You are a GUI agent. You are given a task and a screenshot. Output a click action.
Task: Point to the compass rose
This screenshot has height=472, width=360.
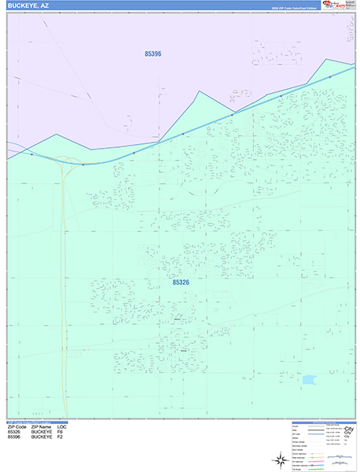[281, 459]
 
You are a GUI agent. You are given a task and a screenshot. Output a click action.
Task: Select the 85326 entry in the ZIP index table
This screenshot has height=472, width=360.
[13, 431]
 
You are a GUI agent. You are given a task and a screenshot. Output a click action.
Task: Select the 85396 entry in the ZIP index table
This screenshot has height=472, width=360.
[13, 437]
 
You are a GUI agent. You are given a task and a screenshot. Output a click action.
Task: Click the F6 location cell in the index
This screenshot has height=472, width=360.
[61, 431]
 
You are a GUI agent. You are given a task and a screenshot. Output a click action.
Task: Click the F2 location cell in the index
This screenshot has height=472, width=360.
[61, 437]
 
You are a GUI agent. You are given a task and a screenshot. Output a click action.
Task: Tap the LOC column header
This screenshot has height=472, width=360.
[62, 426]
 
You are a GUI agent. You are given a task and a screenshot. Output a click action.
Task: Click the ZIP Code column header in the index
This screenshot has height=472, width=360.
[17, 426]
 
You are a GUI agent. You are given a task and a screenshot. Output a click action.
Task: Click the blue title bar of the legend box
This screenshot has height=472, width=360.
[321, 422]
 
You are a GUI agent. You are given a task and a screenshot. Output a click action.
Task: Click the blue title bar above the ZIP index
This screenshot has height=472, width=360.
[39, 421]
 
